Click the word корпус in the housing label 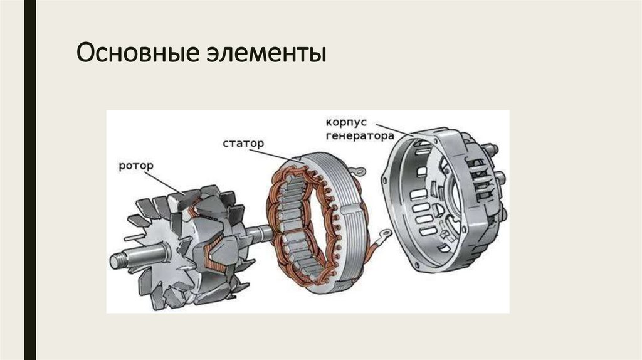click(x=344, y=122)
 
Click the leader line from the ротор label click(x=166, y=183)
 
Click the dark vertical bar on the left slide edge click(x=29, y=180)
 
